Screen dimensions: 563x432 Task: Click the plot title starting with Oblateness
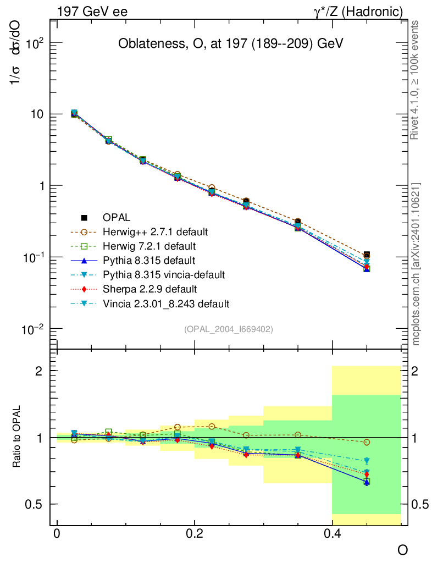click(x=231, y=45)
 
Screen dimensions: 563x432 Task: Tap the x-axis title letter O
click(x=403, y=550)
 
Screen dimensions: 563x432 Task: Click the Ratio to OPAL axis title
click(x=17, y=438)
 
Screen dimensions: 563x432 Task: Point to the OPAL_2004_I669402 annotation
click(x=228, y=329)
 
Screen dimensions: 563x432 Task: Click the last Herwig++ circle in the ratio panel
click(x=367, y=442)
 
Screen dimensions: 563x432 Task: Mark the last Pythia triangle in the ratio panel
click(x=367, y=482)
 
